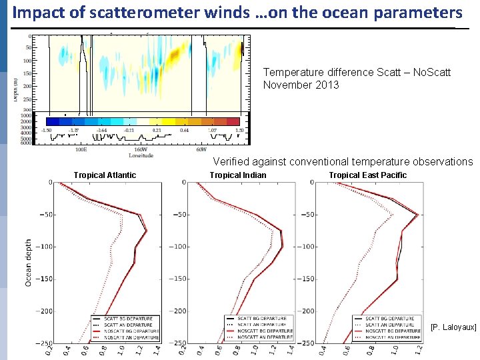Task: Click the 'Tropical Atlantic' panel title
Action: tap(105, 175)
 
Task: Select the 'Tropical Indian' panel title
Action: tap(238, 175)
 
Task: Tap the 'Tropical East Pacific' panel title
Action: tap(367, 175)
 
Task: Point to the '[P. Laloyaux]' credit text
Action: tap(453, 327)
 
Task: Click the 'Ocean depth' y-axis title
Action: tap(29, 263)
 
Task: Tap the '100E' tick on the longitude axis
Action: tap(81, 150)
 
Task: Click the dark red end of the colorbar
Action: tap(233, 121)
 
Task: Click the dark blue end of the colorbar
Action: tap(49, 121)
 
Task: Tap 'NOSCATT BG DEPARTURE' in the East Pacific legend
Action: tap(394, 331)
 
